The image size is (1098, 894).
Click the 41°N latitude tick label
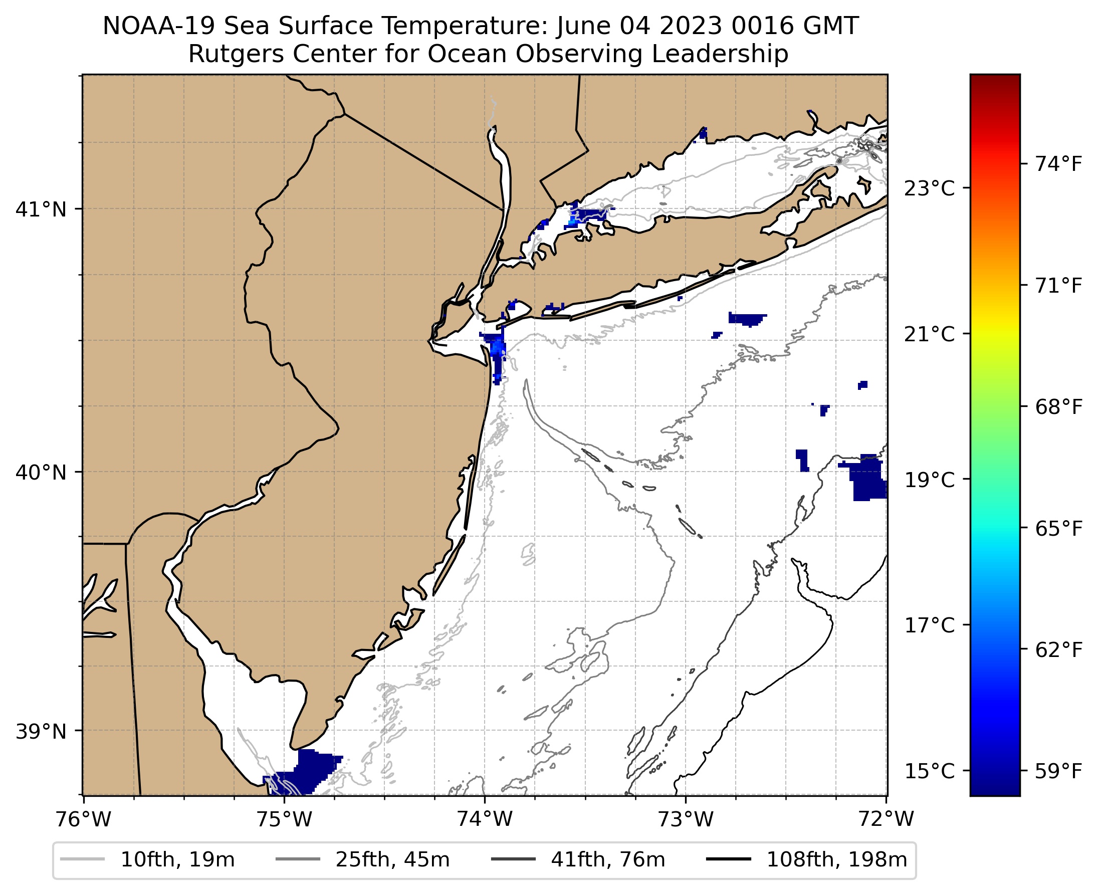point(41,209)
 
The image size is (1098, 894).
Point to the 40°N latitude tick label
point(41,472)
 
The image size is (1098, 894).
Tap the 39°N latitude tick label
point(41,731)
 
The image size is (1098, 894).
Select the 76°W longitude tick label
point(83,819)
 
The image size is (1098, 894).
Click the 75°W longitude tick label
point(284,819)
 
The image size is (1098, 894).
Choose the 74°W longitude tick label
point(485,819)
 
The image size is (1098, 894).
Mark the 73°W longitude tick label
point(686,819)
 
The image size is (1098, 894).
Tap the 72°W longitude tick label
point(887,819)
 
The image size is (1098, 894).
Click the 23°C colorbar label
point(929,188)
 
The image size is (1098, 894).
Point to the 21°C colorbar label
point(929,334)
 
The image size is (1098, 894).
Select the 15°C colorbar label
point(929,771)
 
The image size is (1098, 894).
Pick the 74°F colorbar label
point(1059,164)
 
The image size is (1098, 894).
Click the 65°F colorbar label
point(1059,529)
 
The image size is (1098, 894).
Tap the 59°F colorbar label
point(1059,771)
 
